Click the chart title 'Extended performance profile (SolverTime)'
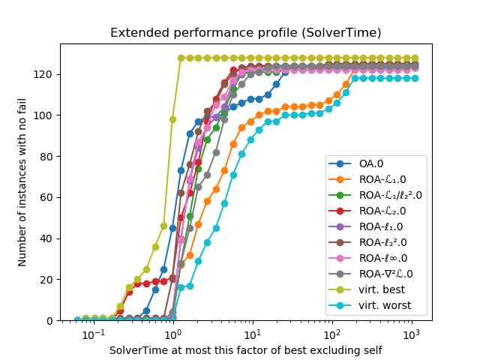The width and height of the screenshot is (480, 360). coord(246,33)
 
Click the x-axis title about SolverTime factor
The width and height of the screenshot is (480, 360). coord(246,350)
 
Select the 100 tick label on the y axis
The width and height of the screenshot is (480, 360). coord(46,115)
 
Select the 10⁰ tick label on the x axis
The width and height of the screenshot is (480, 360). coord(173,332)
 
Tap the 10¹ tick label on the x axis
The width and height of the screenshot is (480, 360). coord(253,332)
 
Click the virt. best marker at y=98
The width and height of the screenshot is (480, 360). coord(172,119)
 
